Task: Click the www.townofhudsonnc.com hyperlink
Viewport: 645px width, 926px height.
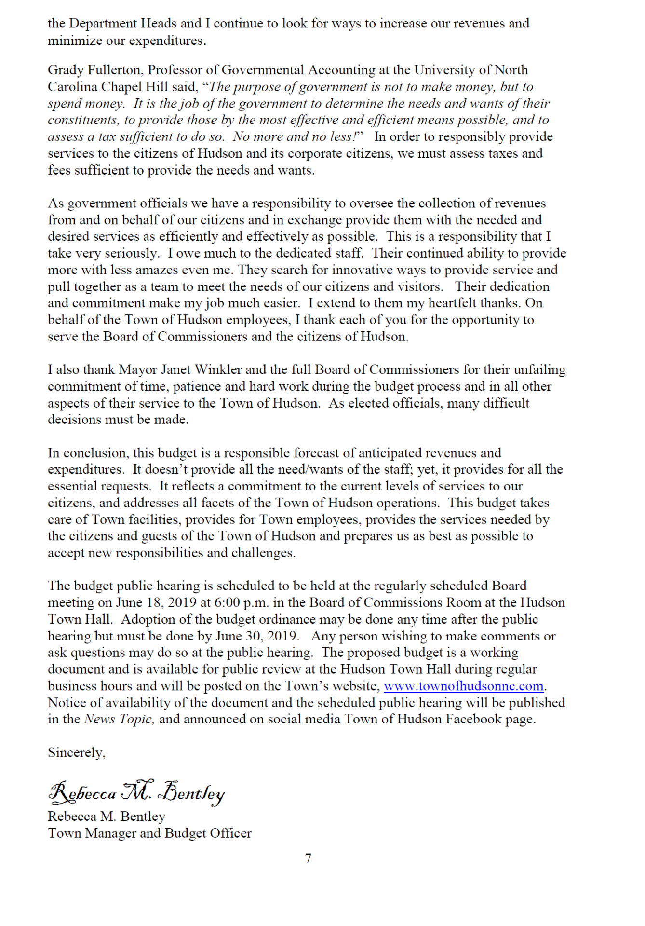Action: [x=463, y=686]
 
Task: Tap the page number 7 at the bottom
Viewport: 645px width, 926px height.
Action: [x=308, y=858]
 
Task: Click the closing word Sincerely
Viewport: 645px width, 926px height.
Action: [x=76, y=753]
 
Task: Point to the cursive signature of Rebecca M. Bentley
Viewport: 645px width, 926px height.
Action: [x=136, y=792]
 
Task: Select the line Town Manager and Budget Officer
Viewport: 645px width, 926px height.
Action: [x=149, y=833]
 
